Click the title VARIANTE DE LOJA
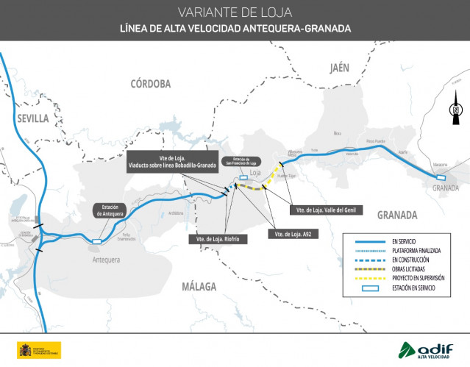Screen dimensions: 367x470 (x=235, y=13)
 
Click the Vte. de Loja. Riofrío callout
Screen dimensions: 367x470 (x=217, y=239)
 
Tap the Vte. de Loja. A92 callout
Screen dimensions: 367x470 (x=289, y=234)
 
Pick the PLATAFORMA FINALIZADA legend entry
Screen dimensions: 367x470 (x=416, y=251)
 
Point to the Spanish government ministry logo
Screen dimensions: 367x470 (x=38, y=350)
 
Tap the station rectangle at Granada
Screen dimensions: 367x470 (x=441, y=177)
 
